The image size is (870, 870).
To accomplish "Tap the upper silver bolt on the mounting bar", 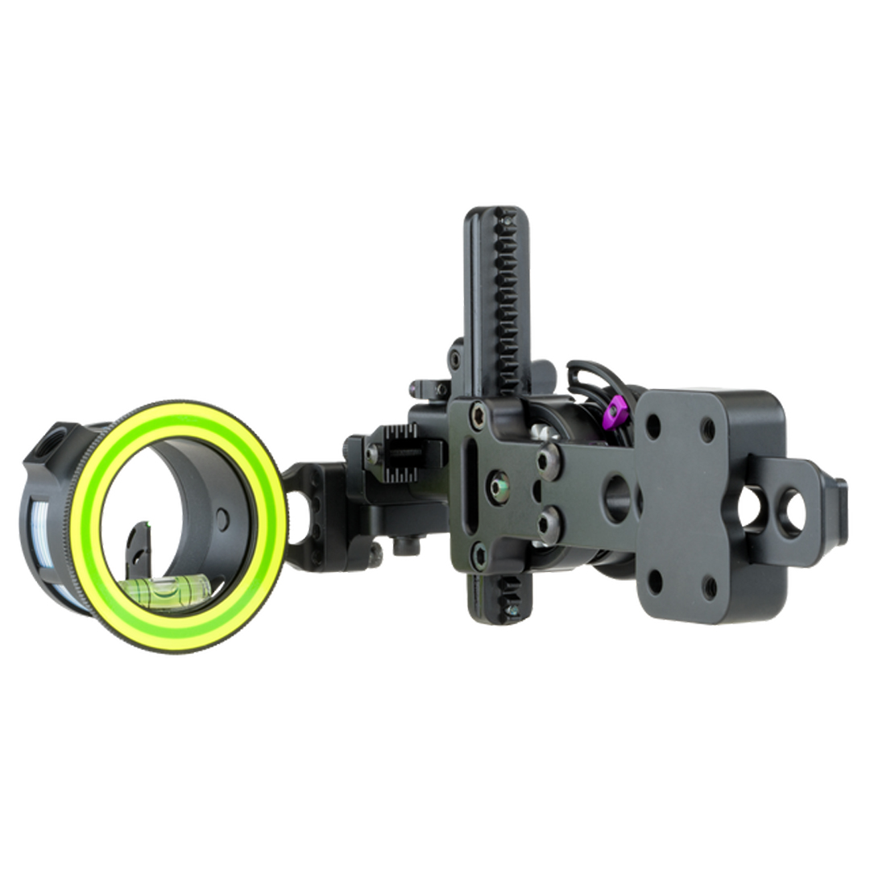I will pyautogui.click(x=550, y=460).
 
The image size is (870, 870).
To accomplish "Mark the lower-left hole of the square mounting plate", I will pyautogui.click(x=656, y=580).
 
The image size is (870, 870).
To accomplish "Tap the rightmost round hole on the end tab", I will pyautogui.click(x=792, y=513).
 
